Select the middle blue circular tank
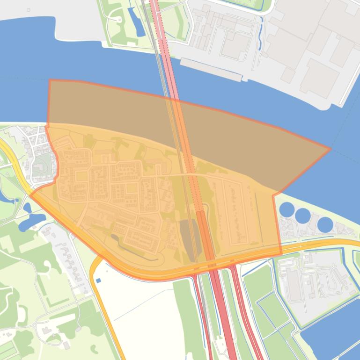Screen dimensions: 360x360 (302, 216)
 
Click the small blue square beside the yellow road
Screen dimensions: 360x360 (98, 280)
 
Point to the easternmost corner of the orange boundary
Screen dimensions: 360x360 (331, 149)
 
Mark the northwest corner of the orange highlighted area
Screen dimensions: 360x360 (50, 80)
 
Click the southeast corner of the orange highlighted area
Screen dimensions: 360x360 (281, 253)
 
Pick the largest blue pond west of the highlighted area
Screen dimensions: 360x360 (29, 220)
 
